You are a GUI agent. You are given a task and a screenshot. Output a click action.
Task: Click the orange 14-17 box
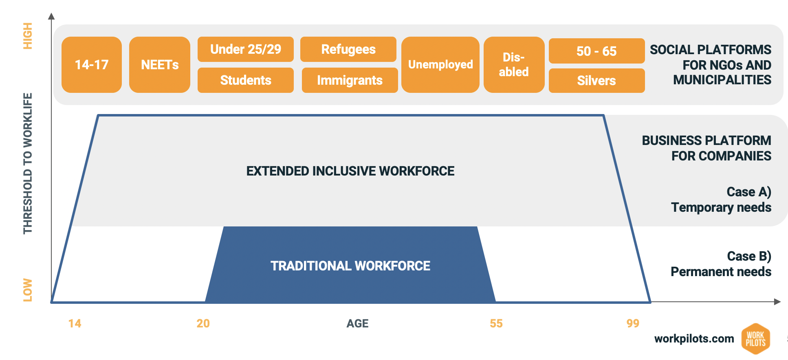click(92, 65)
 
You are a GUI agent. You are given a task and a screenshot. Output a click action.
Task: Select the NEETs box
click(160, 65)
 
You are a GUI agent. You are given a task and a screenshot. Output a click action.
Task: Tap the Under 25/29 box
click(246, 49)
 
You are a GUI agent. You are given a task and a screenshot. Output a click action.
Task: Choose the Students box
click(246, 80)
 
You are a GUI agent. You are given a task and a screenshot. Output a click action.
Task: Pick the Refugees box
click(348, 49)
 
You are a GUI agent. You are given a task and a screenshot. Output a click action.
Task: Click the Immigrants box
click(350, 80)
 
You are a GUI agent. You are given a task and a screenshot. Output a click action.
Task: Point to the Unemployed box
click(440, 65)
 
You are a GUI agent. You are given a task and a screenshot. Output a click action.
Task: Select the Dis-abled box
click(514, 65)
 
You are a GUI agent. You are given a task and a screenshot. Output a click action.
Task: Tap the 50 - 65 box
click(597, 51)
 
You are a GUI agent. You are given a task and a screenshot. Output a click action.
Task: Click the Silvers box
click(597, 81)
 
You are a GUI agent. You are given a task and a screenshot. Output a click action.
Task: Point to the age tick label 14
click(75, 323)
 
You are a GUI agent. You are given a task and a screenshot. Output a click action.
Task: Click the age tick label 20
click(203, 323)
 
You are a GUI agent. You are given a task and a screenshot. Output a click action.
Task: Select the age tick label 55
click(496, 323)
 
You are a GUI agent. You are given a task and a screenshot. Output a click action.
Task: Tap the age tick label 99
click(633, 323)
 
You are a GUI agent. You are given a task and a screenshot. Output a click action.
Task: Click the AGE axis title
click(357, 323)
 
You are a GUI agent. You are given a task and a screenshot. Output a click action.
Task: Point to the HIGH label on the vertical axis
click(27, 36)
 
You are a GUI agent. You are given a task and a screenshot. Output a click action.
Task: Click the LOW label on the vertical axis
click(27, 290)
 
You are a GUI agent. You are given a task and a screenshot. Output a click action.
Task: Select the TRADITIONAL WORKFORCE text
click(350, 266)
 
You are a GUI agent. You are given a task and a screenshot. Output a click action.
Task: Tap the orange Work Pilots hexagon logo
click(756, 339)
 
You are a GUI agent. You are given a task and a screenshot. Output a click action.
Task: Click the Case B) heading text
click(749, 256)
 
